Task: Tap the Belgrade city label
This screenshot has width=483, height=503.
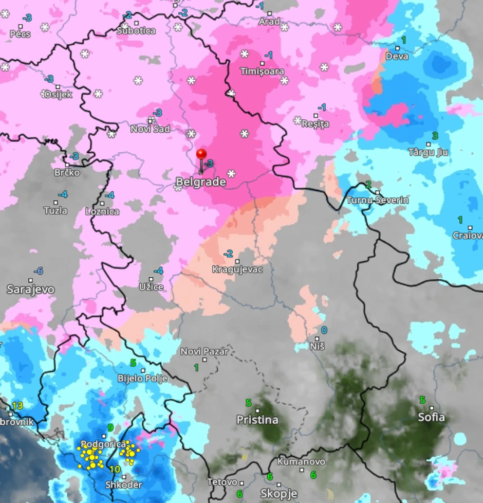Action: point(201,182)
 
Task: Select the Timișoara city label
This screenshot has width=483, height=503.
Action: point(262,71)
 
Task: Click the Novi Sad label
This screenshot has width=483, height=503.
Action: point(150,129)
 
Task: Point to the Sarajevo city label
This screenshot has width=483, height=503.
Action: point(30,289)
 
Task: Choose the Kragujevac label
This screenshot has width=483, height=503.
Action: point(237,269)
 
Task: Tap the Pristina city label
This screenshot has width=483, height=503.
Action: point(257,420)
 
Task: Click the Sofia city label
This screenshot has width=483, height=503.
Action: point(431,417)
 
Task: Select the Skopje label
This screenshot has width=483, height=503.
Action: point(279,493)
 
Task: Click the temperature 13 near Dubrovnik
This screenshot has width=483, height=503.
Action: point(17,406)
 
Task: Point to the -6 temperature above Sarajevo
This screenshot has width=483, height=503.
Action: point(38,271)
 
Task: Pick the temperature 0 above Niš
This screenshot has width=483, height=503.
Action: point(324,330)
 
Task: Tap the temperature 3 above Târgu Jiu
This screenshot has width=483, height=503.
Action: point(435,136)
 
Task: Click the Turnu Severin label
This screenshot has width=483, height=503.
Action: point(378,200)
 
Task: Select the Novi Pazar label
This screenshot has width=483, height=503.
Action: point(204,351)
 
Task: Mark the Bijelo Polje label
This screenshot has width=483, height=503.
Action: point(143,379)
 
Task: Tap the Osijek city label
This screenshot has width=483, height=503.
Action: point(58,94)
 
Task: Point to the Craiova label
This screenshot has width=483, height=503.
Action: point(468,235)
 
